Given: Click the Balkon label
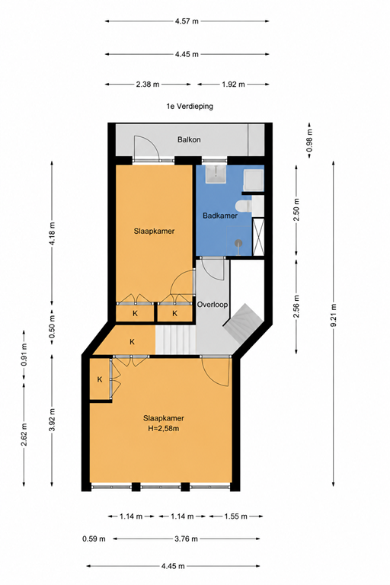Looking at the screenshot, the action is coord(189,139).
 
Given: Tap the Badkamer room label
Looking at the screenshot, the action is coord(220,216).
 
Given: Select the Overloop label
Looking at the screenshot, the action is coord(213,305).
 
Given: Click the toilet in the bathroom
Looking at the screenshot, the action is coord(245,205).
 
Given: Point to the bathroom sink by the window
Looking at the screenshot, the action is coord(216,174).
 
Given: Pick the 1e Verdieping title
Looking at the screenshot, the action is coord(190,107).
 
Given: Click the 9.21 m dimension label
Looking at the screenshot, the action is coord(334,315).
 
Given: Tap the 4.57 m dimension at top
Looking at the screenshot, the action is coord(187,21).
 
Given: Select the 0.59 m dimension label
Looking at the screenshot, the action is coord(94,539).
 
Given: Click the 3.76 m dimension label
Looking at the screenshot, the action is coord(186,539).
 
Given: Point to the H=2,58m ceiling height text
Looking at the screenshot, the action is coord(164,429).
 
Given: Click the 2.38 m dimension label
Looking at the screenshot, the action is coord(148,85).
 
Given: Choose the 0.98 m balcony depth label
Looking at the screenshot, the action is coord(310,140).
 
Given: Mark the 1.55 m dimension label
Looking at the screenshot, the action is coord(235,516).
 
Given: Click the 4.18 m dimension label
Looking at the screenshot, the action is coord(52,234).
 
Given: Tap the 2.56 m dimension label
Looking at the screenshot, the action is coord(296,307).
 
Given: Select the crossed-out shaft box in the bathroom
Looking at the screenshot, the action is coord(258,237).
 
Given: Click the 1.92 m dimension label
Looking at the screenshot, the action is coord(233,85).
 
